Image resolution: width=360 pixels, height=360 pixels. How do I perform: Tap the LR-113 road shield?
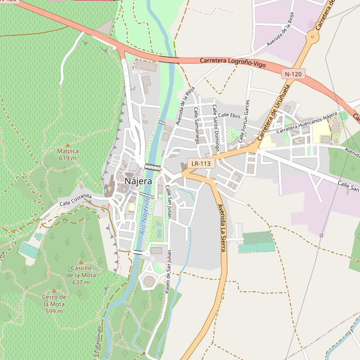tap(201, 163)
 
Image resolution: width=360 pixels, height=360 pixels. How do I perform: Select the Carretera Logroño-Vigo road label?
tap(232, 62)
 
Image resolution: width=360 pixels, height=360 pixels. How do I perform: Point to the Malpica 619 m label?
tap(68, 155)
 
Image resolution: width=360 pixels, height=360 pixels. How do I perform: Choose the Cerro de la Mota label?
tap(54, 304)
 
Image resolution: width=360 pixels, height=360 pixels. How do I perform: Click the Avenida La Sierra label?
tap(222, 228)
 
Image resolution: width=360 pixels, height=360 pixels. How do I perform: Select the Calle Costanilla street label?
tap(75, 200)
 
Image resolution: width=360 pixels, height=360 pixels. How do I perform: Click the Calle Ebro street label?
tap(229, 115)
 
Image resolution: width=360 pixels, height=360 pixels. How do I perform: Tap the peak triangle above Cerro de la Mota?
tap(54, 291)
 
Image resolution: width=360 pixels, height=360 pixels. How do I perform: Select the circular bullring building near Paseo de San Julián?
tap(149, 281)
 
